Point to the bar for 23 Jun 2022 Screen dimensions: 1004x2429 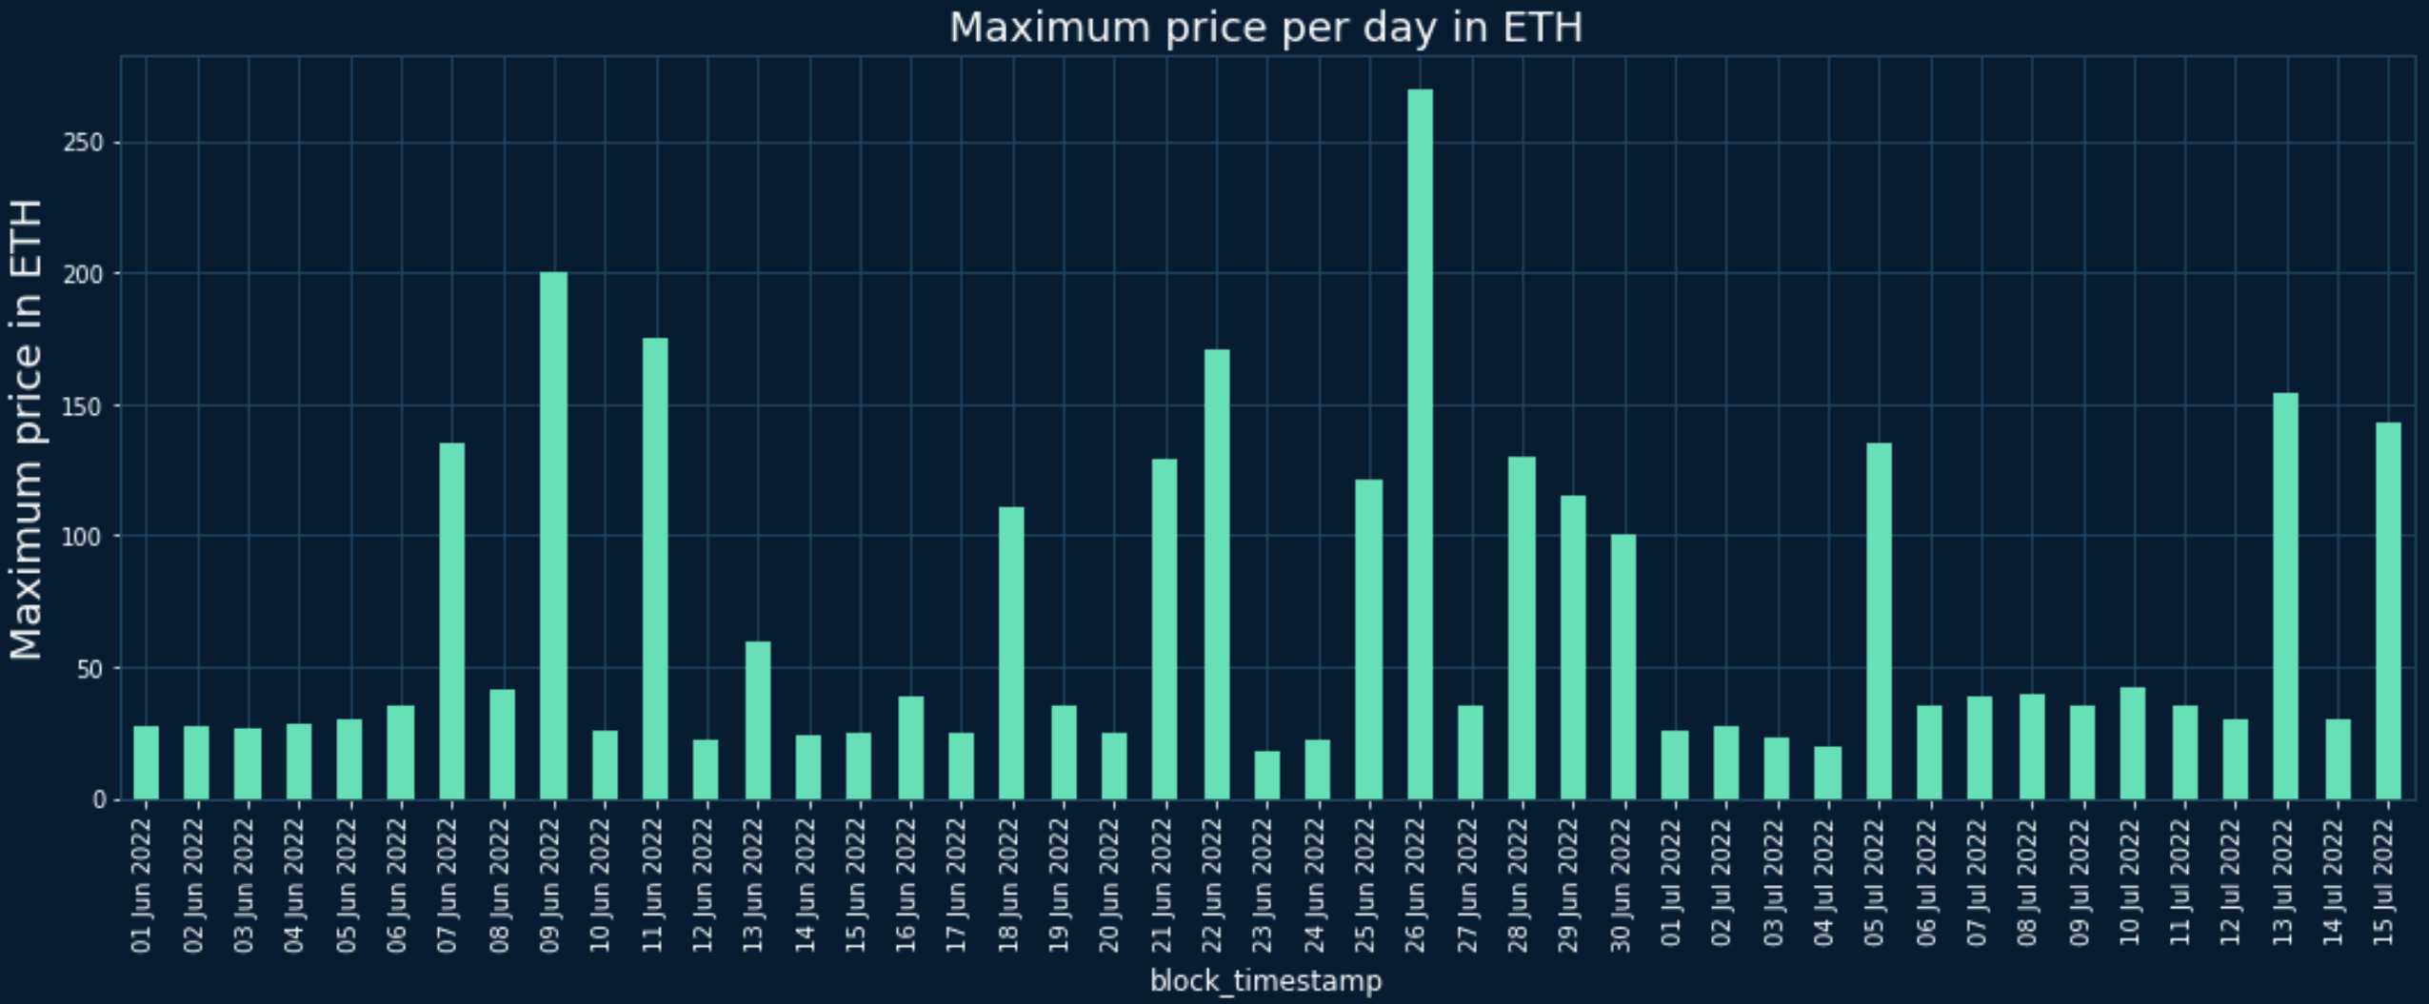click(x=1266, y=776)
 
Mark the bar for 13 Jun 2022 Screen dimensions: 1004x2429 click(x=757, y=720)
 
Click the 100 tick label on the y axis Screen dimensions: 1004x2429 click(x=82, y=537)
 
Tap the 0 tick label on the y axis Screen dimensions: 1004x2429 click(x=99, y=800)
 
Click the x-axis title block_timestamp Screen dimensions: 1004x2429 click(x=1265, y=981)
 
